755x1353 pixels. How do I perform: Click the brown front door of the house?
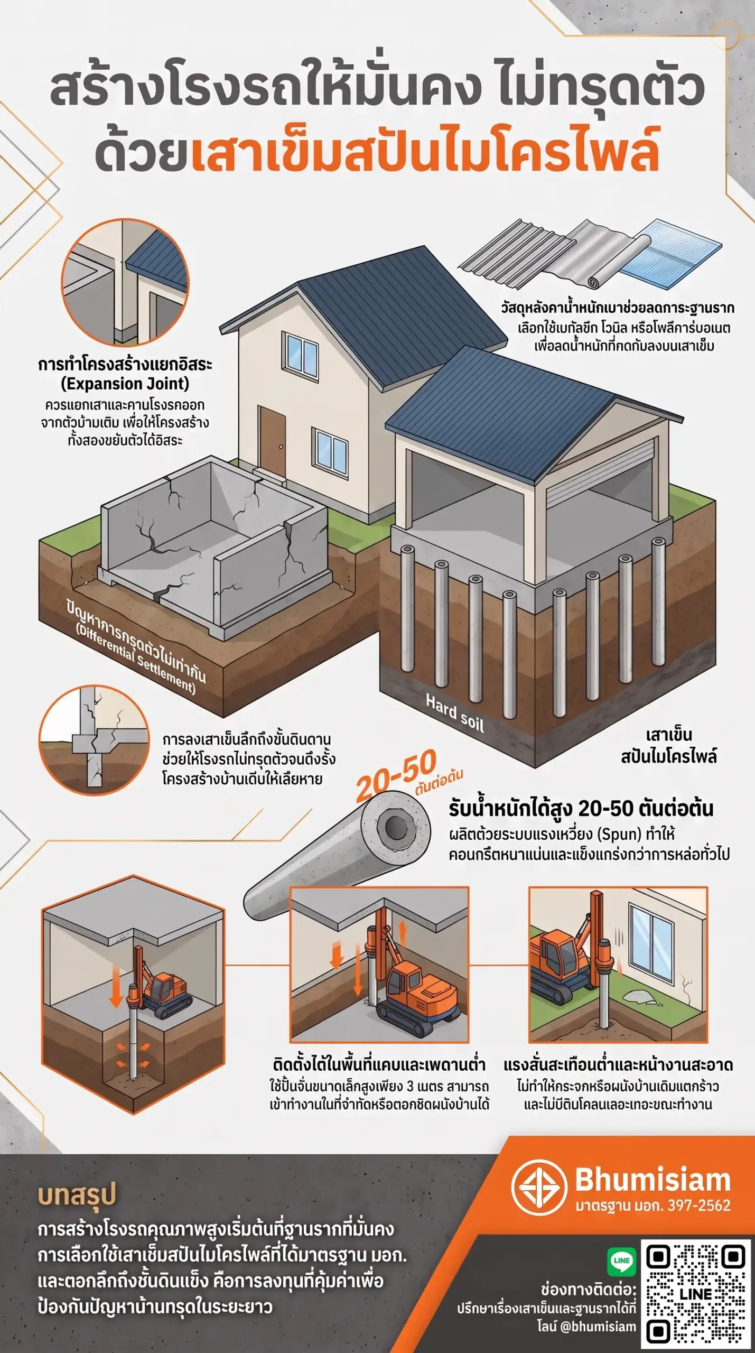tap(272, 442)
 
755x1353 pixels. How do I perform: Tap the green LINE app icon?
tap(621, 1261)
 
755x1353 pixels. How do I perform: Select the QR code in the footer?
tap(696, 1293)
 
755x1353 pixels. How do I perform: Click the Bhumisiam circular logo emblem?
tap(538, 1188)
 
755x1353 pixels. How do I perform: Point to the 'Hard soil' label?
tap(455, 713)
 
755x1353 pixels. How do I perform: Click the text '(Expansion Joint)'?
tap(125, 384)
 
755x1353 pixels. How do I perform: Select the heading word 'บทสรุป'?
tap(77, 1196)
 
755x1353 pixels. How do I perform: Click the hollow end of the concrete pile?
tap(395, 827)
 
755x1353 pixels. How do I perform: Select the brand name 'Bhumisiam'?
tap(653, 1180)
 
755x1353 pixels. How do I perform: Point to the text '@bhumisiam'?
tap(598, 1326)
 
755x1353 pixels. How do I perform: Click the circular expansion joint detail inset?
tap(125, 282)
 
